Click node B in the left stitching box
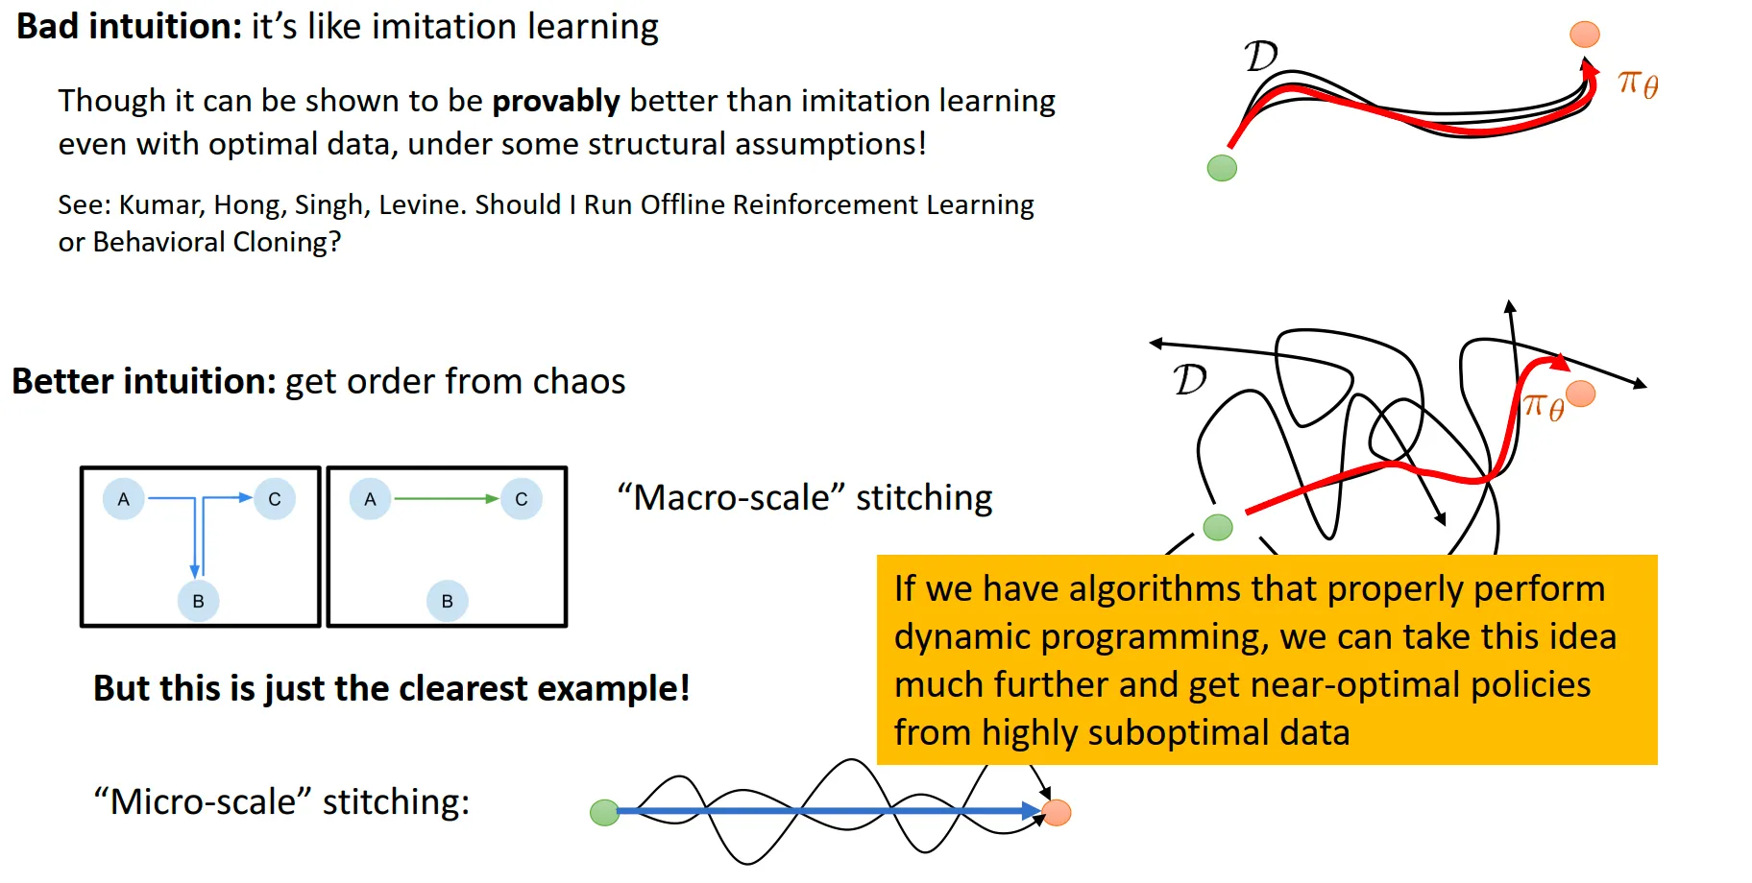pos(198,601)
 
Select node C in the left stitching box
pos(275,499)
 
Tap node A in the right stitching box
pos(370,499)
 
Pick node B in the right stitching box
pos(447,601)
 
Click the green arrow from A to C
pos(447,499)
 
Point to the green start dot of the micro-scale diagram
pos(604,813)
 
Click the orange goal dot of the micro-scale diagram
pos(1057,813)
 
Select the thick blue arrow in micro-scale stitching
pos(829,812)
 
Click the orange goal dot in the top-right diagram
pos(1585,35)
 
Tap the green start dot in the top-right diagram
pos(1222,168)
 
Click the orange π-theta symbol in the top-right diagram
pos(1638,84)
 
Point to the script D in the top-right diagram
pos(1261,56)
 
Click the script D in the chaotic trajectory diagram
pos(1190,380)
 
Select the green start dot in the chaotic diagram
pos(1218,527)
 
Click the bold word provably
pos(556,102)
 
